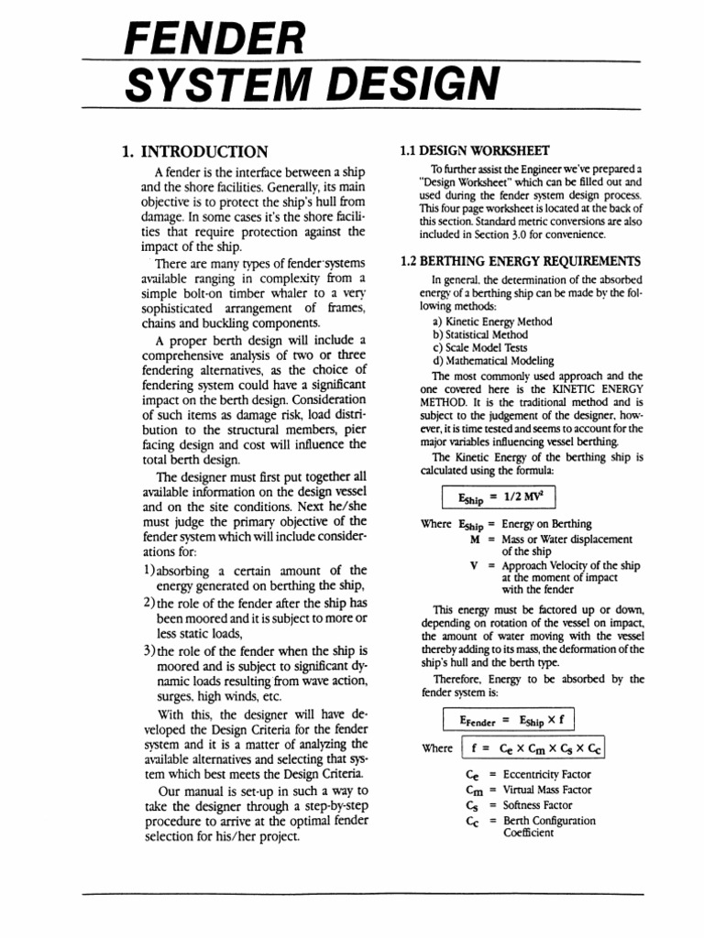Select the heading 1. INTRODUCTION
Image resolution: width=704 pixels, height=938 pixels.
[194, 151]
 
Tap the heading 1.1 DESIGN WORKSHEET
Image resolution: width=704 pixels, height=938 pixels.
[475, 150]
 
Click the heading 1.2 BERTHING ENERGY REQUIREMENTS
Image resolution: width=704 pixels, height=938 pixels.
[521, 261]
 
